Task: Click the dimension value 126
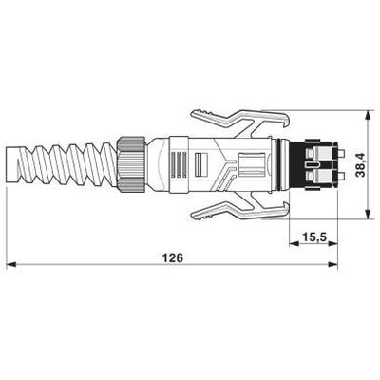tap(173, 257)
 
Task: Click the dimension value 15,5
tap(314, 237)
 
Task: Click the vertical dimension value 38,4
tap(360, 164)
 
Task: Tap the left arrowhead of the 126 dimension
tap(11, 264)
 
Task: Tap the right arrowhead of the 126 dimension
tap(332, 264)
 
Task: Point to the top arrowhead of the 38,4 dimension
tap(368, 115)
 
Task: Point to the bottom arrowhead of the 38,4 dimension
tap(368, 214)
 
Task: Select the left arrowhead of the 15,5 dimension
tap(294, 243)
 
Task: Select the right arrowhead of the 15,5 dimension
tap(332, 243)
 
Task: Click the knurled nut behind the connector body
tap(131, 164)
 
